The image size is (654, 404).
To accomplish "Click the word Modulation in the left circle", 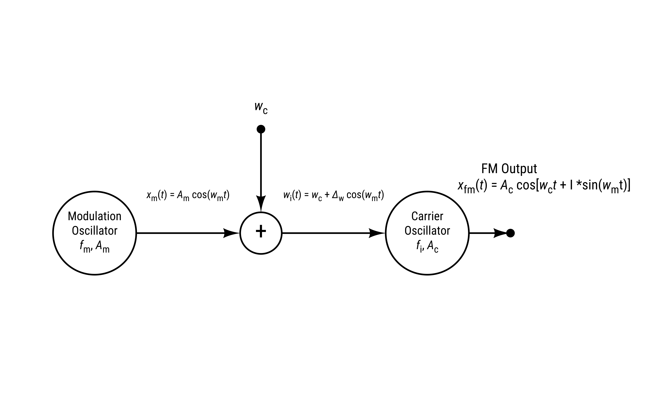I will pyautogui.click(x=95, y=216).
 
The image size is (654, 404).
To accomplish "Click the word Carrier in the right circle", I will pyautogui.click(x=427, y=216).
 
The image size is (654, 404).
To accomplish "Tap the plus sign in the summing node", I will pyautogui.click(x=261, y=231).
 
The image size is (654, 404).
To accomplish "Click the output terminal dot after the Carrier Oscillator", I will pyautogui.click(x=510, y=233).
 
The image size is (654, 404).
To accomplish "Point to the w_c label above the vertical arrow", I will pyautogui.click(x=261, y=107).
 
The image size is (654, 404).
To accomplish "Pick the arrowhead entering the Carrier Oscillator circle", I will pyautogui.click(x=376, y=233).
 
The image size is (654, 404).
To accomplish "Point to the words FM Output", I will pyautogui.click(x=509, y=169).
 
